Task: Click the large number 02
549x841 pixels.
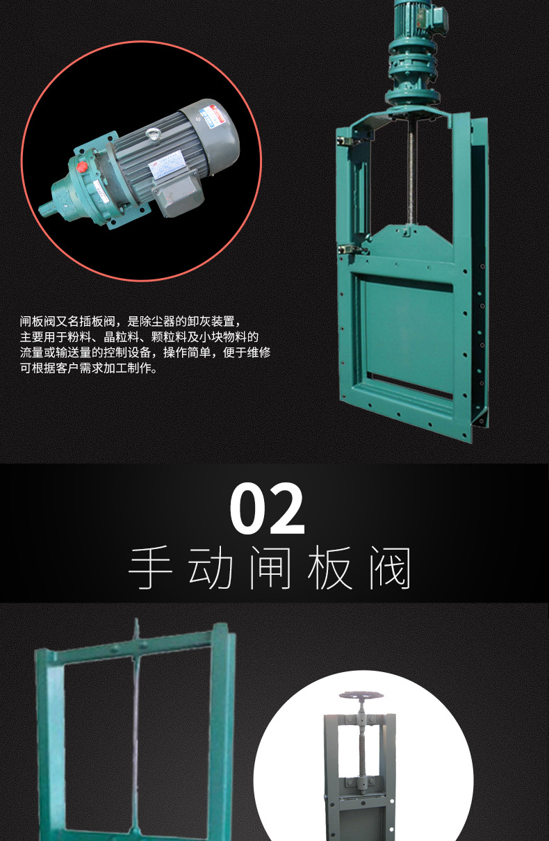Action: [x=268, y=509]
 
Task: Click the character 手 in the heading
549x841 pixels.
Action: [x=150, y=569]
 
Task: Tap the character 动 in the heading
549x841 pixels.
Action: [x=210, y=569]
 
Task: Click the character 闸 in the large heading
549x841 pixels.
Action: [x=269, y=569]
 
